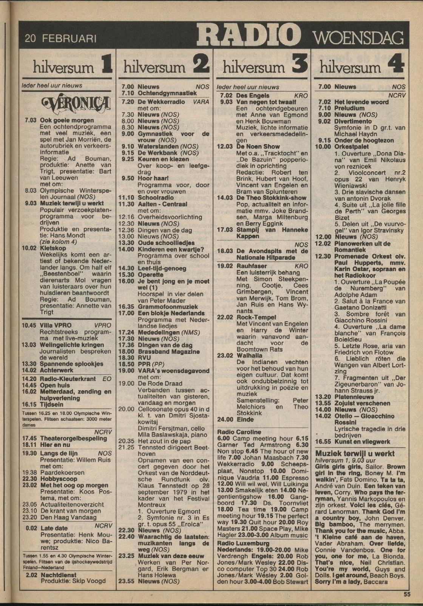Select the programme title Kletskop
[x=53, y=248]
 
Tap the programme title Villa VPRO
[x=56, y=325]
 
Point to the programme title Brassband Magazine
[x=168, y=352]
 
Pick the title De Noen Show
[x=258, y=147]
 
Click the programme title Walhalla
[x=249, y=356]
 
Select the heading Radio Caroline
[x=239, y=432]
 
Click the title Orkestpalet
[x=351, y=147]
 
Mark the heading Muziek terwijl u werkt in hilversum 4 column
[x=355, y=454]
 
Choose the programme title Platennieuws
[x=354, y=397]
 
